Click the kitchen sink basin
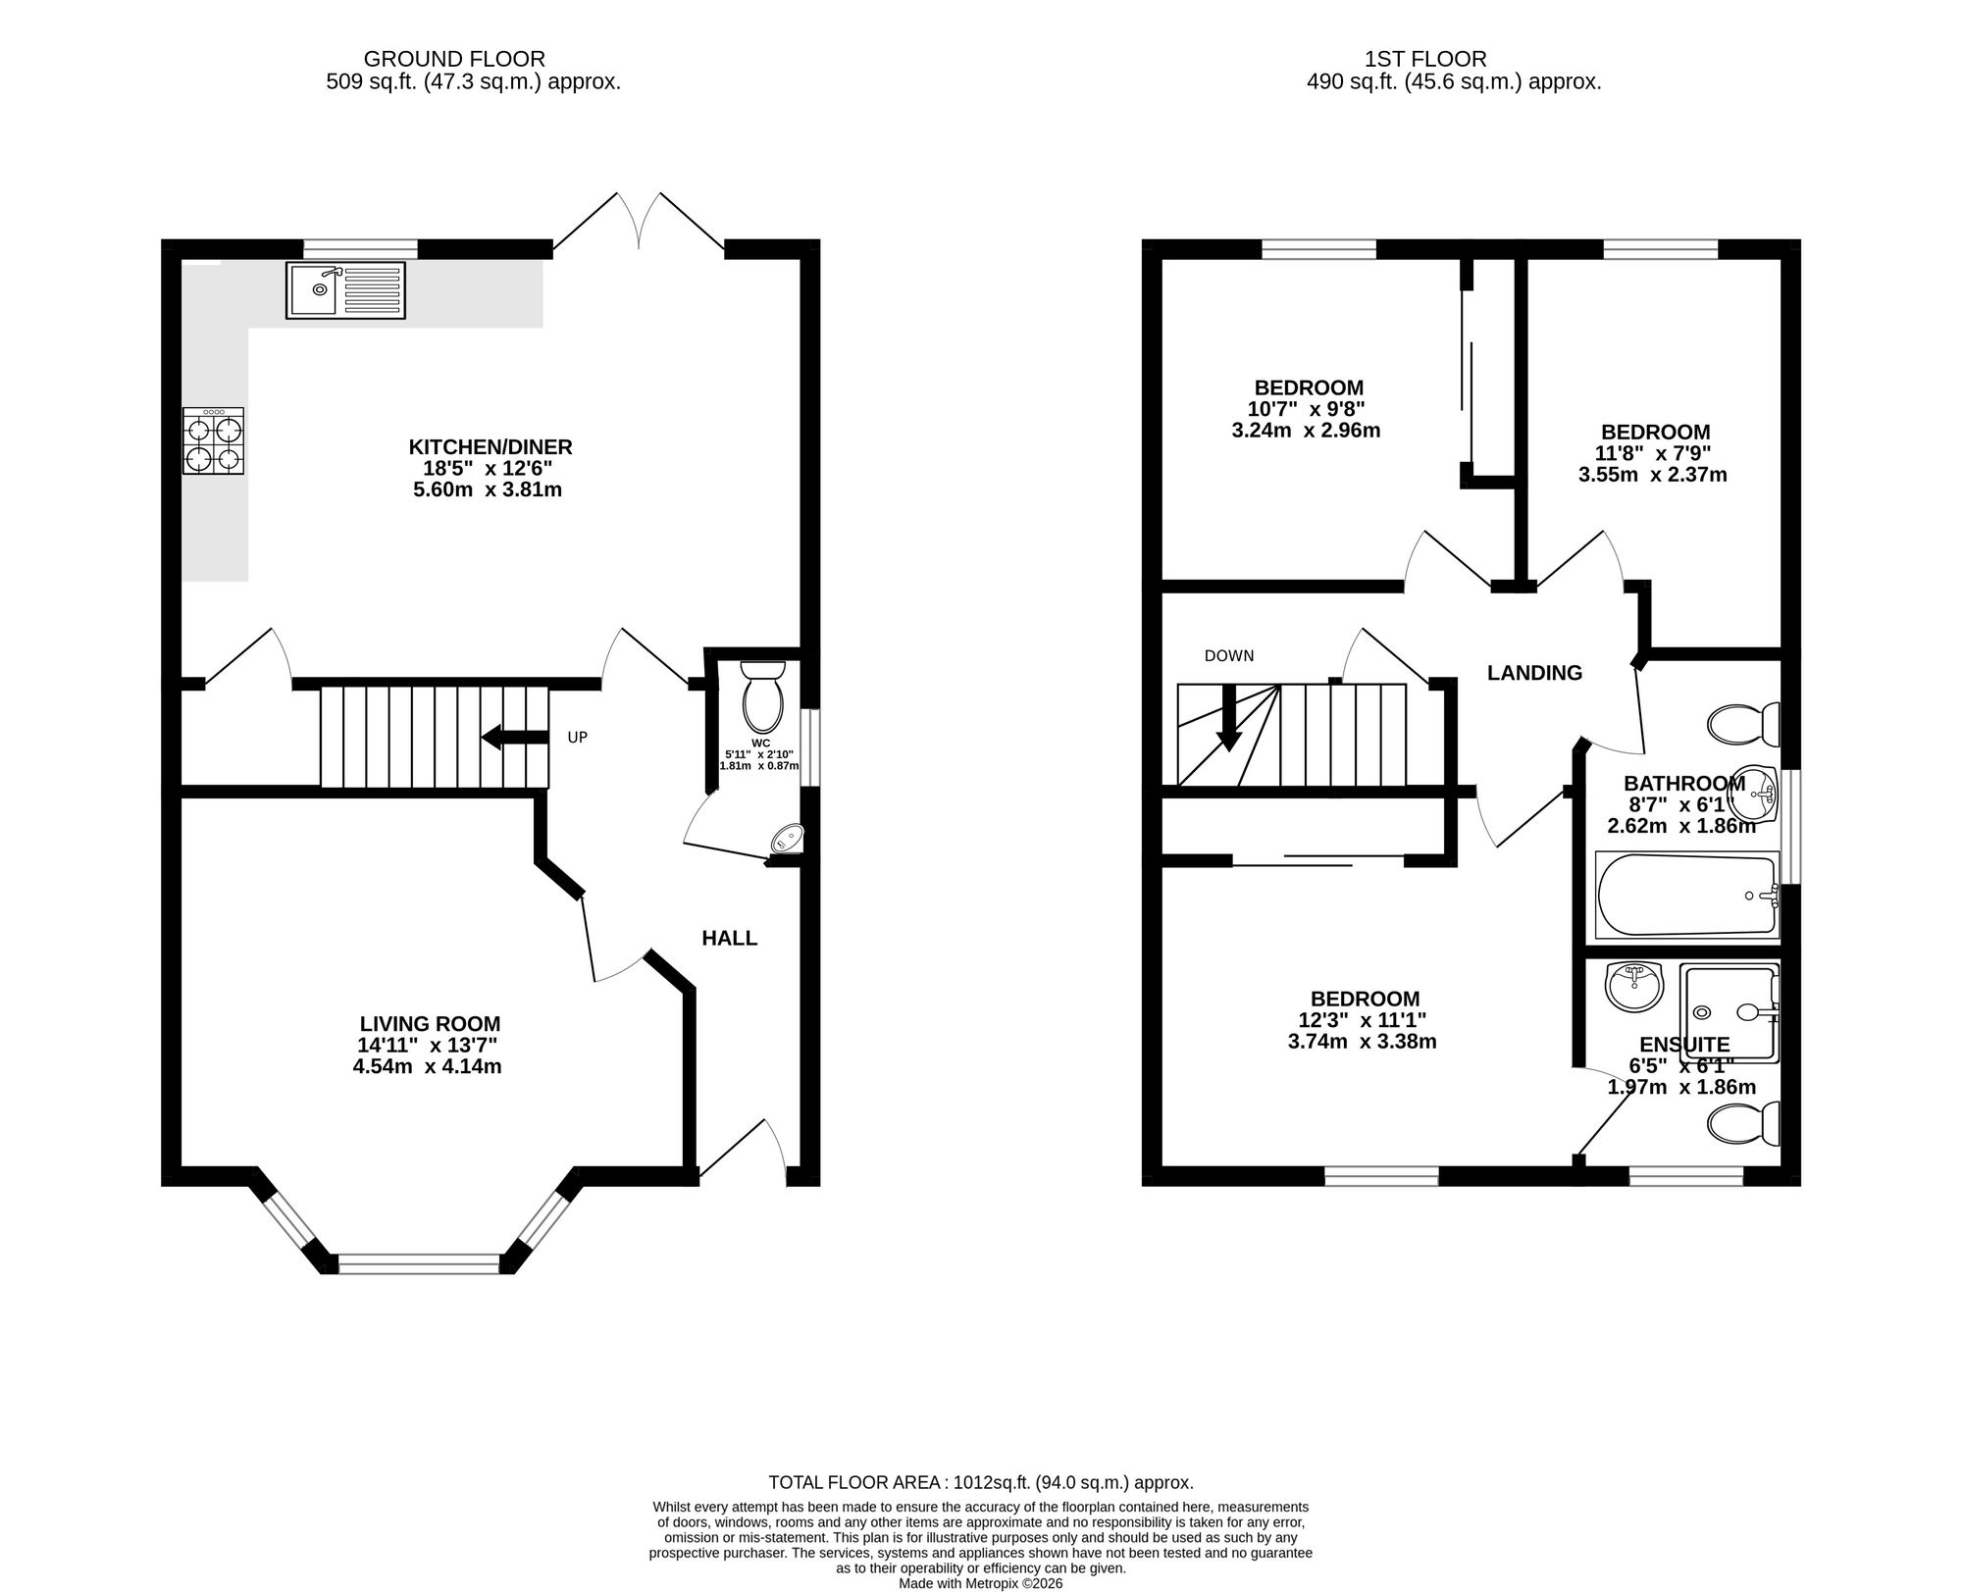[x=314, y=290]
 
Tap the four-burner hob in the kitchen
[x=213, y=441]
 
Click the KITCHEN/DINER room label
[x=490, y=447]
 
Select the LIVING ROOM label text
[x=430, y=1023]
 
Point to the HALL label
[x=730, y=939]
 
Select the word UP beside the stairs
[x=578, y=737]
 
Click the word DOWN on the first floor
[x=1229, y=656]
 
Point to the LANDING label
[x=1535, y=673]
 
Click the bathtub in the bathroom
[x=1687, y=894]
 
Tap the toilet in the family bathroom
[x=1744, y=724]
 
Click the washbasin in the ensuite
[x=1634, y=986]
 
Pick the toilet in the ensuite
[x=1744, y=1124]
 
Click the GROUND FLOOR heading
[x=454, y=60]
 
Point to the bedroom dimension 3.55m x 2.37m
[x=1653, y=475]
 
